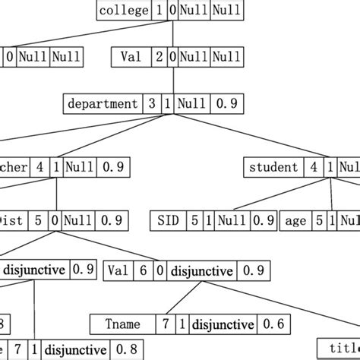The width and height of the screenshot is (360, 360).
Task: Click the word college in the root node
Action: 124,11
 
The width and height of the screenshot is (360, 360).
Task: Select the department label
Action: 103,104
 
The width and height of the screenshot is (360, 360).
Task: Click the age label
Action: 295,220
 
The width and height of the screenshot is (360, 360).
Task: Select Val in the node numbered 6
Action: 118,270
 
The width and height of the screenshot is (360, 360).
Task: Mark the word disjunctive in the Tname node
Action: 223,324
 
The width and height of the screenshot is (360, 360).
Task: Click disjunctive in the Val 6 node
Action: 202,270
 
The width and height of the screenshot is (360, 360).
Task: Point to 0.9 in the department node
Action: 222,104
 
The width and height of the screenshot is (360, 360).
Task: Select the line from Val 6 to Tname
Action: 177,297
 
